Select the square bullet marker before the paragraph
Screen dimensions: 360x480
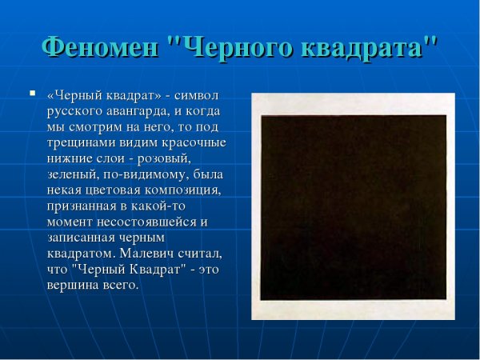(31, 94)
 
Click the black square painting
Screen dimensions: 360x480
(353, 206)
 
